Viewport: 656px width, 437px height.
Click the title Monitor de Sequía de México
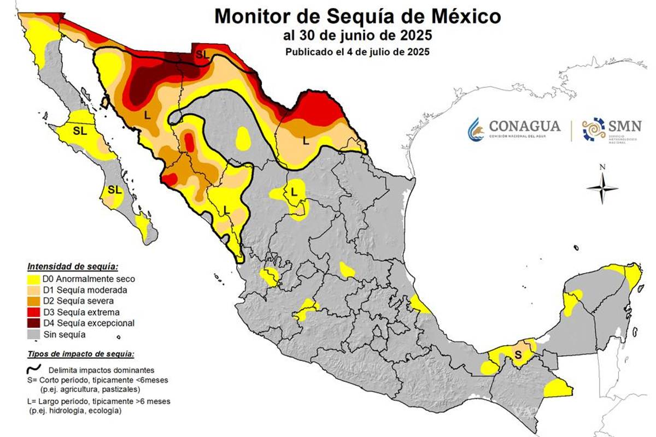pos(358,16)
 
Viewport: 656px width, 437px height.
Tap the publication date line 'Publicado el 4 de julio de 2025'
pos(358,52)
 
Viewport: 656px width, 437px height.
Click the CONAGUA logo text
pos(524,127)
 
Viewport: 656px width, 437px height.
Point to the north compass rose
pos(602,187)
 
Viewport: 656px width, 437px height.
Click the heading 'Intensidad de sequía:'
pos(72,267)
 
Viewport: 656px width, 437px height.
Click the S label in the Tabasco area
pos(518,355)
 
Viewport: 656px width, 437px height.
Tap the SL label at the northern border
pos(202,55)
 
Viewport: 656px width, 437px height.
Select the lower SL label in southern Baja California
pos(114,190)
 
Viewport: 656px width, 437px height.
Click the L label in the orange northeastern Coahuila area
pos(306,140)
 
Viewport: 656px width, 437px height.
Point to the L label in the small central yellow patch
pos(294,191)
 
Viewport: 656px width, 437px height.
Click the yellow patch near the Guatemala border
pos(558,388)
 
